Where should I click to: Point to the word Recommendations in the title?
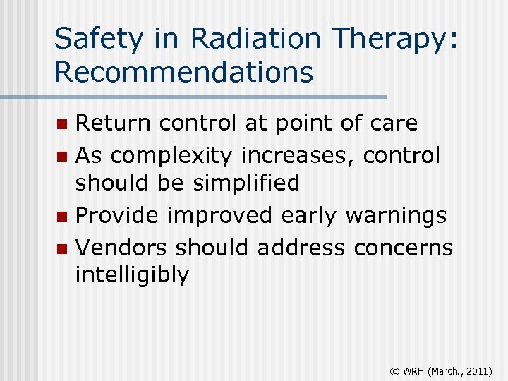[x=183, y=71]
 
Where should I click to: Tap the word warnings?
[x=396, y=215]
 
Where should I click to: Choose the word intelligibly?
[x=133, y=276]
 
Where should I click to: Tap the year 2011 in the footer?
[x=477, y=369]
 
